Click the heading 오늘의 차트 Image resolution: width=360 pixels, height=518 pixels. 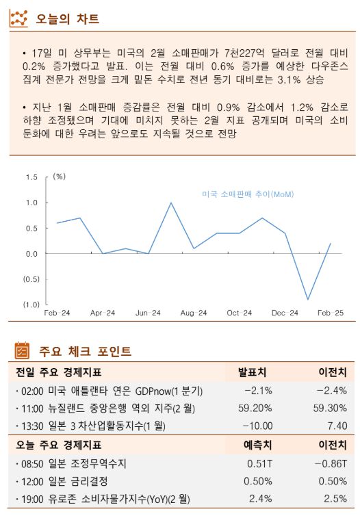coord(67,18)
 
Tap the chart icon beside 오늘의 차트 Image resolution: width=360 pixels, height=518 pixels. coord(18,18)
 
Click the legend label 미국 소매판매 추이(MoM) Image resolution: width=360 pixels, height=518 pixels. coord(248,195)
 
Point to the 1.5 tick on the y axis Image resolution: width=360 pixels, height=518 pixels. coord(31,177)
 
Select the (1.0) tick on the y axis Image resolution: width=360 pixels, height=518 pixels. coord(30,305)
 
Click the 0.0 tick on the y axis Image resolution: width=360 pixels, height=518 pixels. coord(31,254)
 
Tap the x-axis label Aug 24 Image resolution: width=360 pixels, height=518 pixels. coord(194,313)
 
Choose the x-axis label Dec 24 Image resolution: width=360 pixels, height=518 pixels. coord(285,313)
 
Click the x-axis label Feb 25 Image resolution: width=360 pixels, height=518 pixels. coord(331,313)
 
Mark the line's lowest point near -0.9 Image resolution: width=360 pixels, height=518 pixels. coord(308,299)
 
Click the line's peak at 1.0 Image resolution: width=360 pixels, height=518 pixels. coord(171,203)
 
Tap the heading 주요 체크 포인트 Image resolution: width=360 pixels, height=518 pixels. coord(85,352)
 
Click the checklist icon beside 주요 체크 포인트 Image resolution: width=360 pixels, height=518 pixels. coord(22,351)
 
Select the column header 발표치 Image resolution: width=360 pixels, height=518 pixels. coord(252,373)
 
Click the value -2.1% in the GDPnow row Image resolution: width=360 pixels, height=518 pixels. coord(258,391)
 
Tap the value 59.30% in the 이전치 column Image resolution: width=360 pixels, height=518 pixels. coord(331,409)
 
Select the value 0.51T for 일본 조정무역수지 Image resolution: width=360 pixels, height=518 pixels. coord(259,463)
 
